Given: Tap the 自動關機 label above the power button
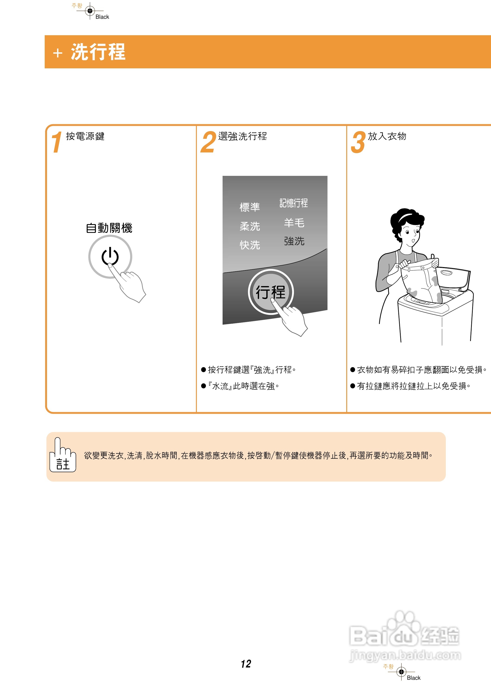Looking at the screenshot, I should [x=109, y=228].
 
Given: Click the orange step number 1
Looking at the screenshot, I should [x=56, y=142].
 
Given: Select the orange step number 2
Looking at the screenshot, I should [x=208, y=142].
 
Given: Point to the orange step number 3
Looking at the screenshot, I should [x=358, y=142].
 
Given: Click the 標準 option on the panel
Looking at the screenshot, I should [x=250, y=207].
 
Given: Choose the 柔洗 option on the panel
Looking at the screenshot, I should [x=250, y=226].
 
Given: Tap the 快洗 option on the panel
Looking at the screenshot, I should [x=250, y=245].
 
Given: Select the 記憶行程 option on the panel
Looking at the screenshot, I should [x=293, y=203].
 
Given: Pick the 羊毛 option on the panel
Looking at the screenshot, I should [x=294, y=223].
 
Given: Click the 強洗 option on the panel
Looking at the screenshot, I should [x=294, y=241].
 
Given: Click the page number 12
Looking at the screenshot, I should [x=246, y=664].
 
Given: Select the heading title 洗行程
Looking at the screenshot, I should [x=98, y=52].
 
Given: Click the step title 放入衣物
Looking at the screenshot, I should [x=387, y=136].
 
